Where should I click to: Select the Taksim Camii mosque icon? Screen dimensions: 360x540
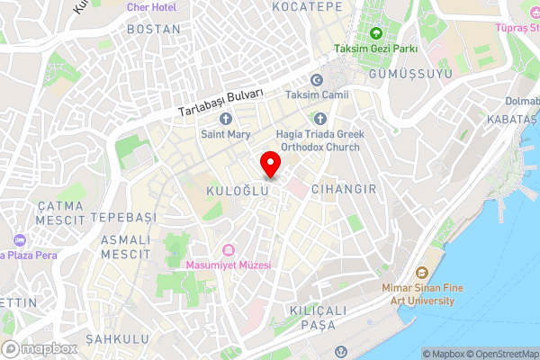pos(316,79)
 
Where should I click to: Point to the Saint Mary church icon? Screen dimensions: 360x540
pos(225,118)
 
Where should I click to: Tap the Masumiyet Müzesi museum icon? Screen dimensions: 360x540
pos(228,249)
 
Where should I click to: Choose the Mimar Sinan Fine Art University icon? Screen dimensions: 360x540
pos(420,274)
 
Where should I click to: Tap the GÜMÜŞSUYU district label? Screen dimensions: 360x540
pos(408,74)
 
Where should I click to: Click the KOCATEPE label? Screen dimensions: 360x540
pos(307,6)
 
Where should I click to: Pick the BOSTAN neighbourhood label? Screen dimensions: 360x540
pos(153,29)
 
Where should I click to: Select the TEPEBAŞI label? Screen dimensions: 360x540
pos(124,218)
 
